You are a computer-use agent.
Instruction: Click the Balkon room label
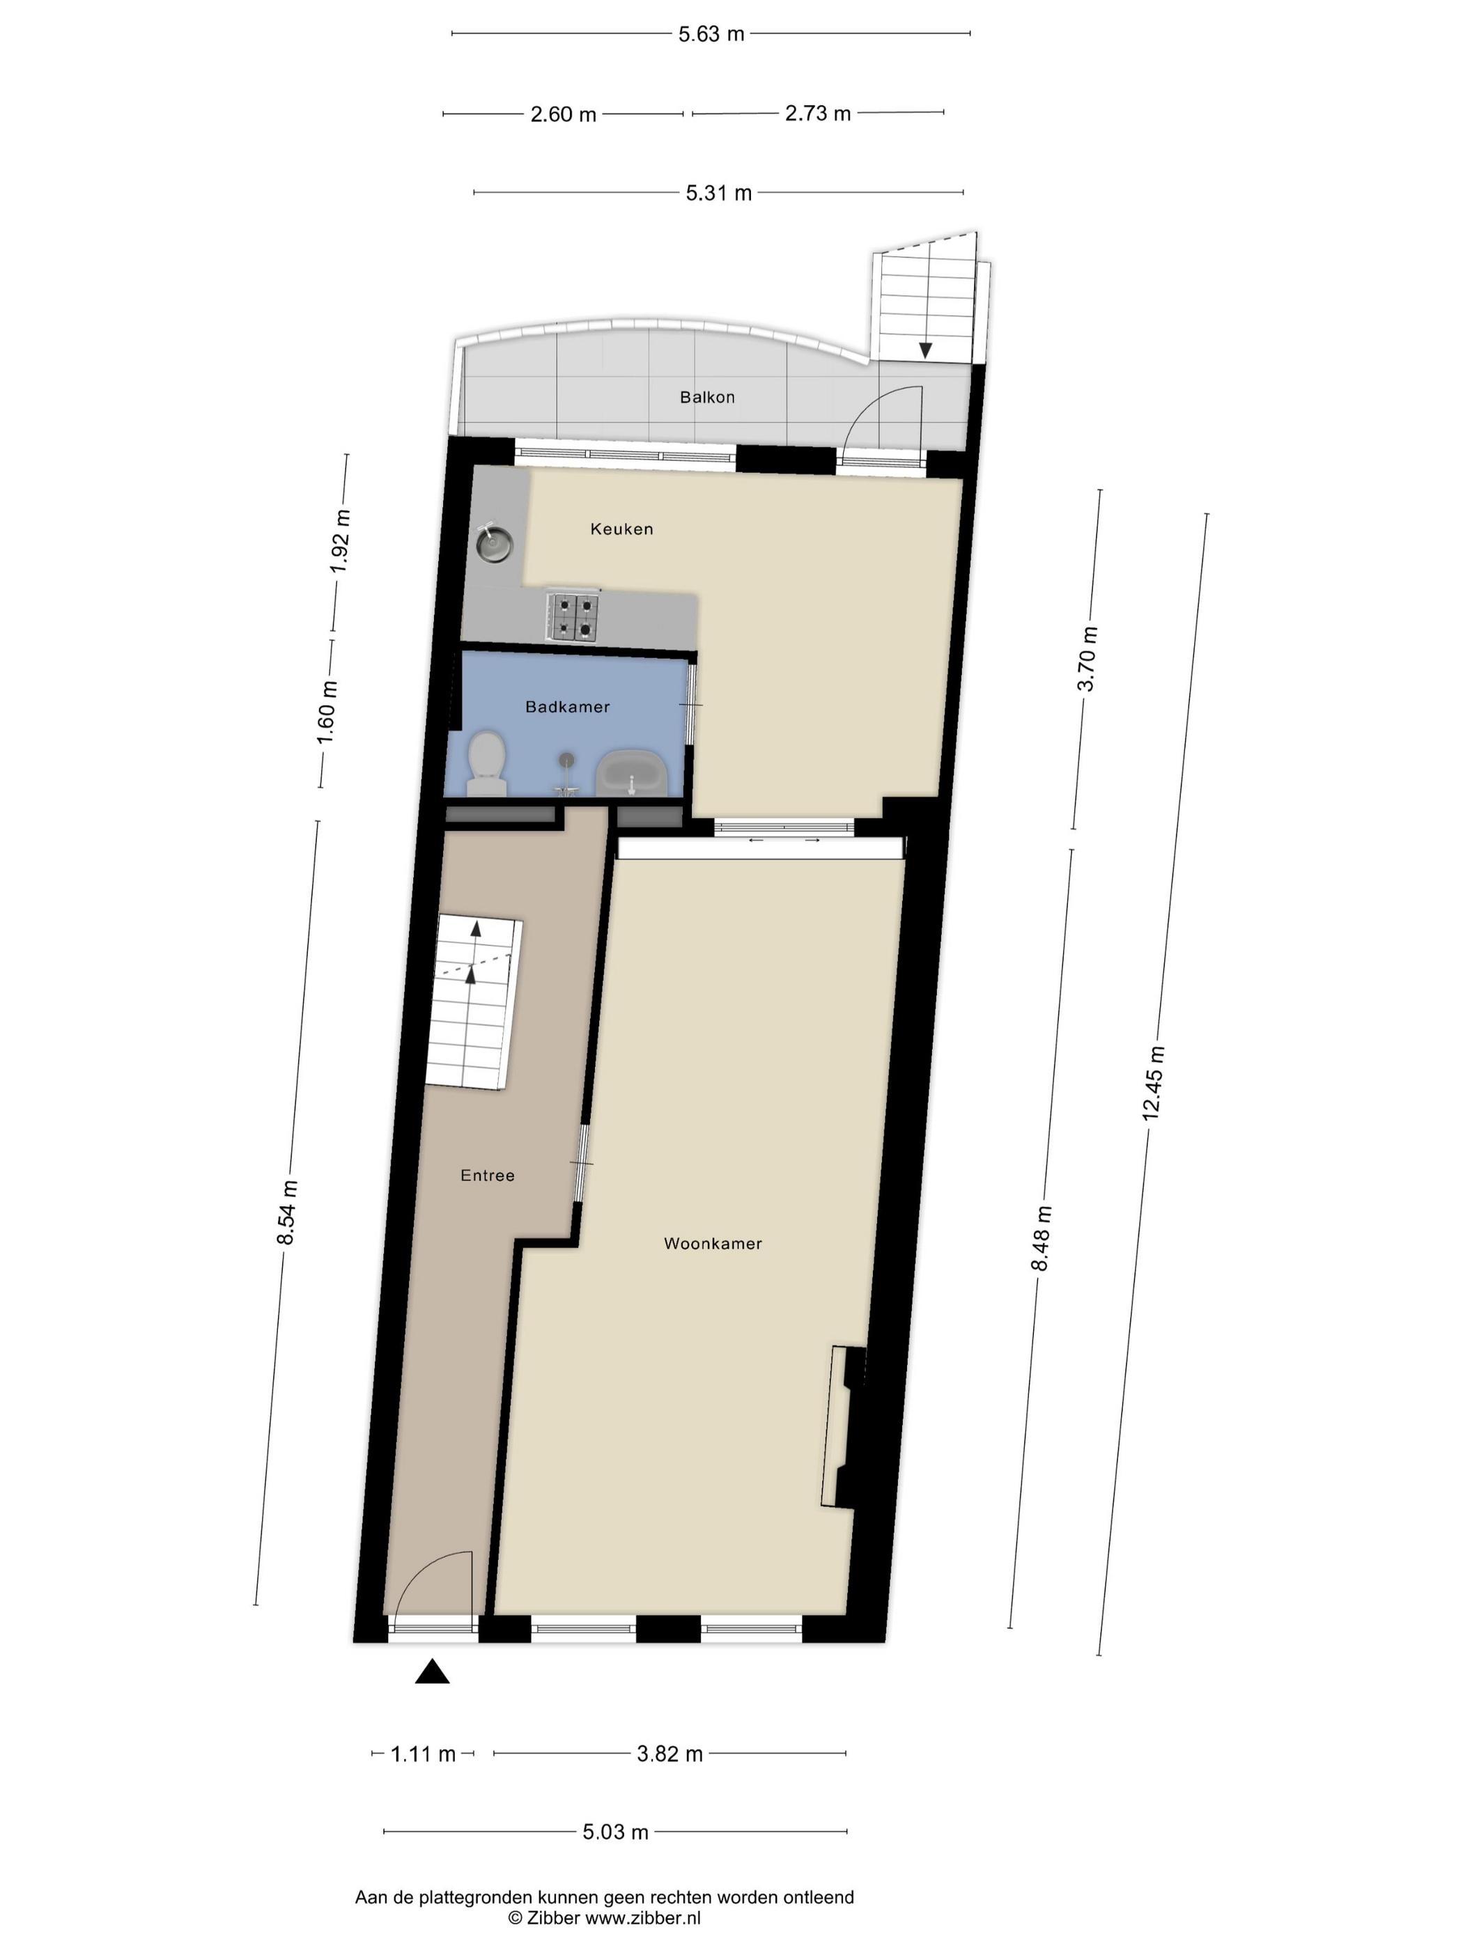[706, 397]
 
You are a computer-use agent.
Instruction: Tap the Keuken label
[621, 529]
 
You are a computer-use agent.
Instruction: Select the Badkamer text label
[567, 706]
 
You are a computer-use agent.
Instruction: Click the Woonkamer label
[713, 1243]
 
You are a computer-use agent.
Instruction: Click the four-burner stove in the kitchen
[573, 616]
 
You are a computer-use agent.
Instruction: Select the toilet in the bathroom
[486, 763]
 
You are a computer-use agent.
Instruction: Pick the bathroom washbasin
[631, 774]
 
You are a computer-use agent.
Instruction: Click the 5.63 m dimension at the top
[711, 34]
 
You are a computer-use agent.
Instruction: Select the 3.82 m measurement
[669, 1754]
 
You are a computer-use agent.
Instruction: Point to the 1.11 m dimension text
[424, 1754]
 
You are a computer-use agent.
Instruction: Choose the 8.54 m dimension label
[288, 1212]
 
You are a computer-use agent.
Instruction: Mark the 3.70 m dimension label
[1088, 659]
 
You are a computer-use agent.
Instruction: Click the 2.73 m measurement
[817, 114]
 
